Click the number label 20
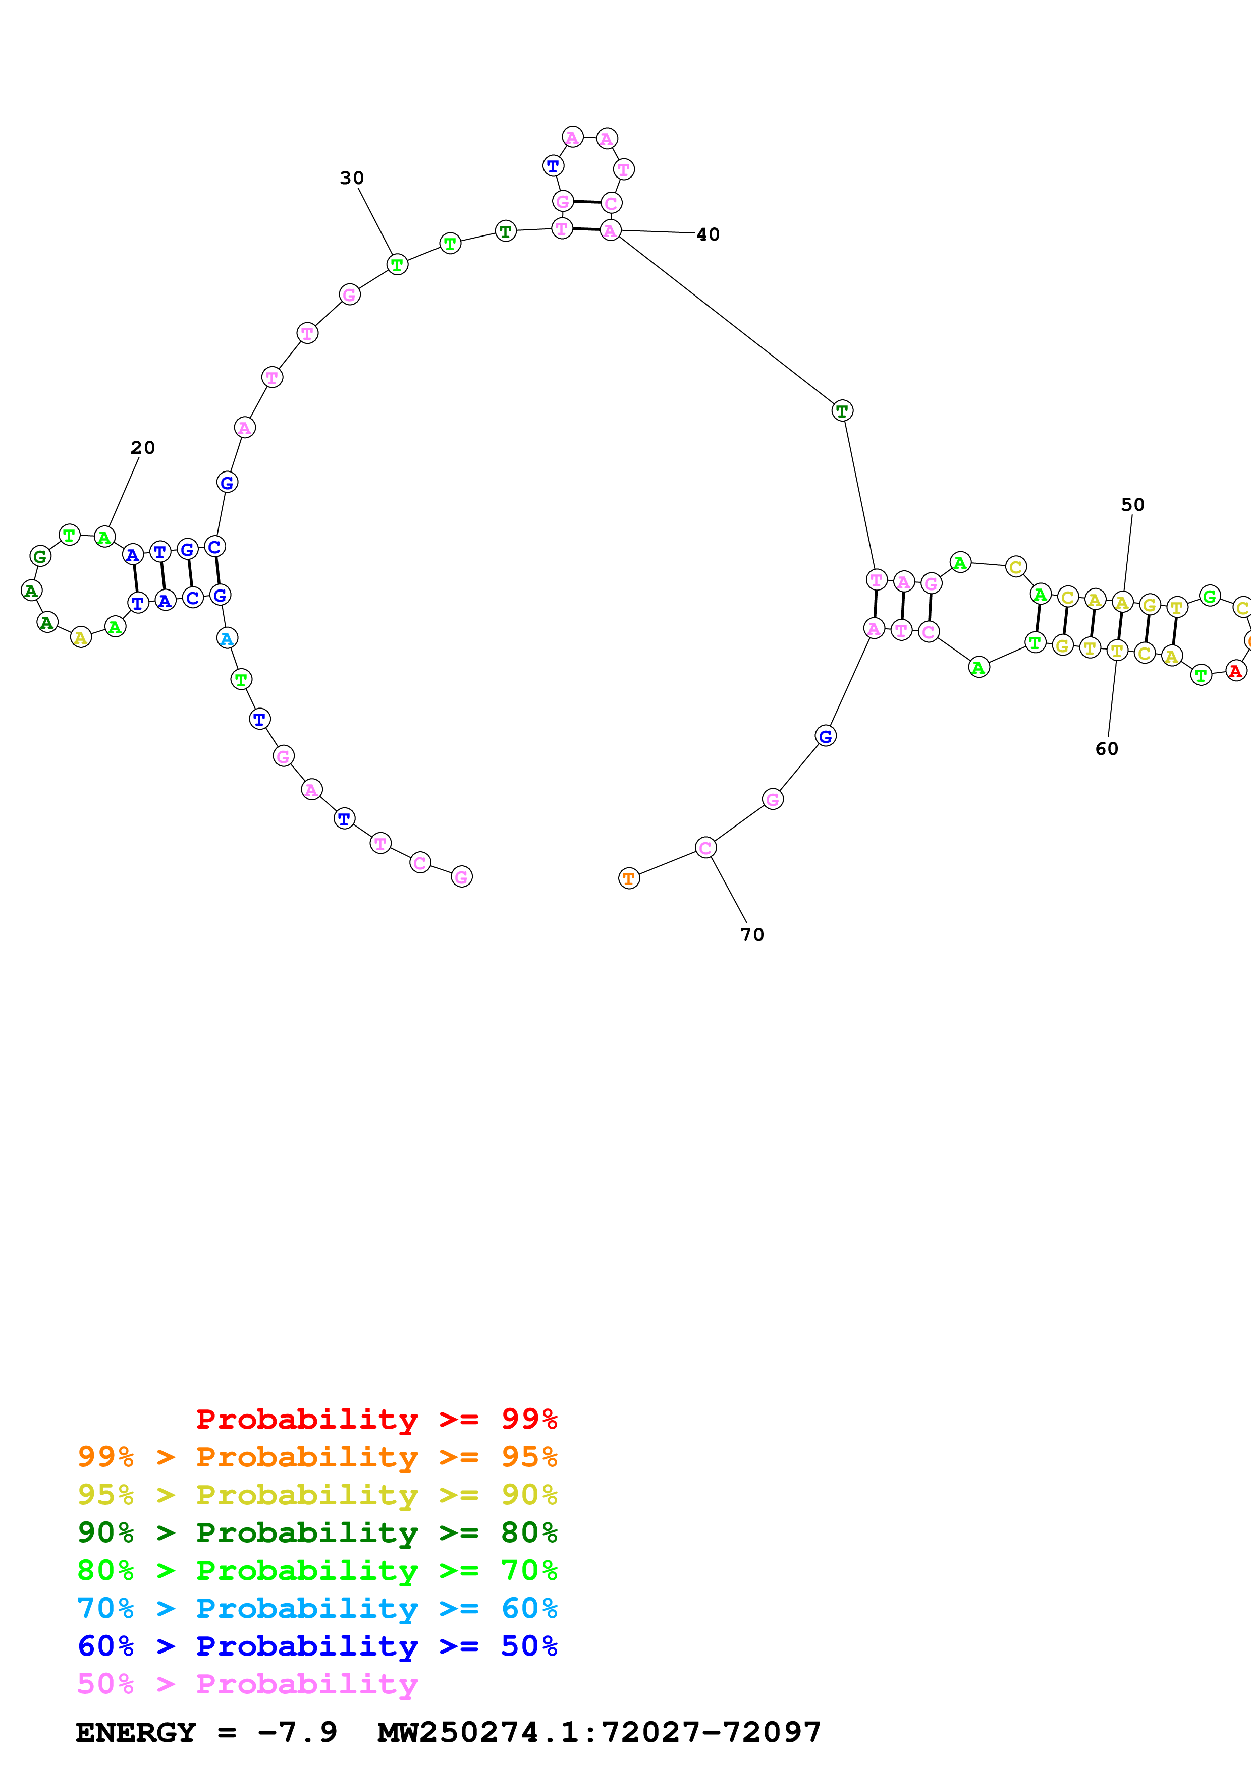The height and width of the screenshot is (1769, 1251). [x=143, y=448]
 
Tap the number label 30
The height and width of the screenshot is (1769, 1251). [x=352, y=178]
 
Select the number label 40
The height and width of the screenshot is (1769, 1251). [x=708, y=234]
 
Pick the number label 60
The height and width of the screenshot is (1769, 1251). [x=1106, y=749]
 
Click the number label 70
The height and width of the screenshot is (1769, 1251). [x=751, y=934]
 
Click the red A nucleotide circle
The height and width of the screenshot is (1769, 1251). [x=1235, y=671]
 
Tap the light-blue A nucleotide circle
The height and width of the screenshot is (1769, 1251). [x=227, y=638]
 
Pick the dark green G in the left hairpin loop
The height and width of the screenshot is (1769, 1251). [x=40, y=556]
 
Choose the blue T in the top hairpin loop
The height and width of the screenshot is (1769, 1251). [x=553, y=165]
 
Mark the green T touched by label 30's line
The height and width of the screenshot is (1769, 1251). [x=397, y=264]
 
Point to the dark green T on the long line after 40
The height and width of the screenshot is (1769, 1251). [x=842, y=410]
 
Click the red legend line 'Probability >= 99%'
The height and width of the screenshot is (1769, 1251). [x=376, y=1419]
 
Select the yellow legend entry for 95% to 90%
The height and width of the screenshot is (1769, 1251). [x=317, y=1494]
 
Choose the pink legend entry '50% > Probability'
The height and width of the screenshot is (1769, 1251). [x=247, y=1683]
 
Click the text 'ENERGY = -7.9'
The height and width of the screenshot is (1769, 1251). [x=206, y=1733]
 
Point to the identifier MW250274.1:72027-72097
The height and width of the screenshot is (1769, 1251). [x=599, y=1733]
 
